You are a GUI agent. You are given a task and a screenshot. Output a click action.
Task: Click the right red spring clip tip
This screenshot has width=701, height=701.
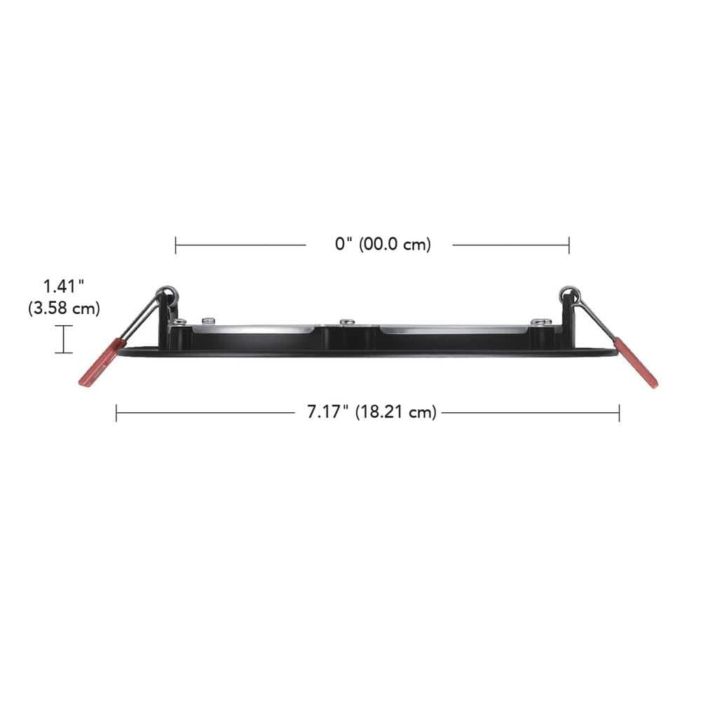click(637, 363)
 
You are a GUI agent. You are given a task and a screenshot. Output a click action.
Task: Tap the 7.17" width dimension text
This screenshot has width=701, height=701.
click(327, 412)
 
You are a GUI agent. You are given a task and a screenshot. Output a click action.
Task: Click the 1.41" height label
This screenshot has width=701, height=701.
click(64, 286)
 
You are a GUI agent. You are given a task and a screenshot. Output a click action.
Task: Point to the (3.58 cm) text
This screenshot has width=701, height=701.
click(64, 308)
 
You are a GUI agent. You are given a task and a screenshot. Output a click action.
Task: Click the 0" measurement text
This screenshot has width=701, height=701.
click(343, 245)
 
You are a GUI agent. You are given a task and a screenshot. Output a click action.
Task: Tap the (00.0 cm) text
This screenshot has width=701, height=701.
click(395, 245)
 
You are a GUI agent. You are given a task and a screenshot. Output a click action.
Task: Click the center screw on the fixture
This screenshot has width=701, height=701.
click(346, 322)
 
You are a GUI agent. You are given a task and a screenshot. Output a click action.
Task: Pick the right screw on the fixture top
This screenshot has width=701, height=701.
click(538, 322)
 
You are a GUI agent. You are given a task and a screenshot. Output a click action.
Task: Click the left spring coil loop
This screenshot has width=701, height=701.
click(166, 291)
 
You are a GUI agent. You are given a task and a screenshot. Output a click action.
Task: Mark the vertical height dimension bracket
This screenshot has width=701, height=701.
click(64, 339)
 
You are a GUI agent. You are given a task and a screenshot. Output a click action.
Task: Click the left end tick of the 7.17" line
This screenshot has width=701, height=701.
click(116, 412)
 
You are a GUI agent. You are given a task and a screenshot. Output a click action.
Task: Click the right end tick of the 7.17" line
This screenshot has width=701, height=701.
click(619, 412)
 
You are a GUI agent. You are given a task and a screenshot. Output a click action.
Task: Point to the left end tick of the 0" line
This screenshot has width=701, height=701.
click(176, 245)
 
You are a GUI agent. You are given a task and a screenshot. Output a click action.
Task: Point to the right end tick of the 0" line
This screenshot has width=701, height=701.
click(569, 245)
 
